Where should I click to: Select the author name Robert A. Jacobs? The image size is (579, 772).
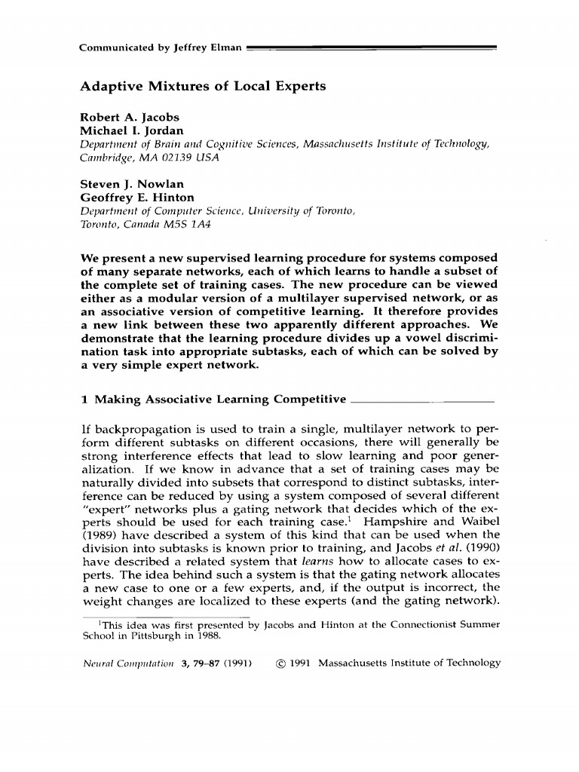[x=125, y=118]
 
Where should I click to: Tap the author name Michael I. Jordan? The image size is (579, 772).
[x=132, y=131]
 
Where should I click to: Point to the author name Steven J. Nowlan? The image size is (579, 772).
[x=132, y=185]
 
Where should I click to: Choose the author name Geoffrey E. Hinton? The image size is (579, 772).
[x=137, y=198]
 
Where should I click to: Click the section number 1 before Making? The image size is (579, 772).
[x=84, y=399]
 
